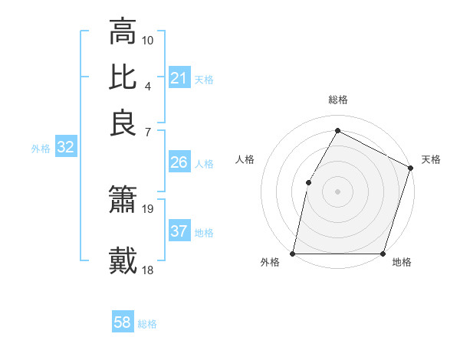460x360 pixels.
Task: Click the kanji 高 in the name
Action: (123, 33)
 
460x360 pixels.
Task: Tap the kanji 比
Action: (123, 77)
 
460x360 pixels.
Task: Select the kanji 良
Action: (123, 123)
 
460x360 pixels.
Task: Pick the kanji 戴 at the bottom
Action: (123, 260)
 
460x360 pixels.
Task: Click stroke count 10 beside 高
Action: (148, 40)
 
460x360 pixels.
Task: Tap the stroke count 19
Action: (148, 208)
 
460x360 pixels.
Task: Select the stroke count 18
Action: (148, 269)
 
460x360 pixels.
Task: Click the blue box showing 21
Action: (179, 78)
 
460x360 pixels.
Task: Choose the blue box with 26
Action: (179, 162)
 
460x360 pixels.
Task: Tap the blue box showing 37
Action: (179, 231)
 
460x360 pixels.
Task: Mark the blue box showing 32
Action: (65, 148)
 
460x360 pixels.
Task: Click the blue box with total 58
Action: (122, 322)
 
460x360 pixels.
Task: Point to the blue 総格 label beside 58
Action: (147, 324)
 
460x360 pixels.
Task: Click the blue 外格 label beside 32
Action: (41, 149)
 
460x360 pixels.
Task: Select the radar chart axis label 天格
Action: (431, 159)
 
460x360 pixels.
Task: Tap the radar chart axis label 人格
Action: (245, 159)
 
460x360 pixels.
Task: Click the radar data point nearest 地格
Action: (383, 254)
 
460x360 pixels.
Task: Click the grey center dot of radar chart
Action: (337, 191)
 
